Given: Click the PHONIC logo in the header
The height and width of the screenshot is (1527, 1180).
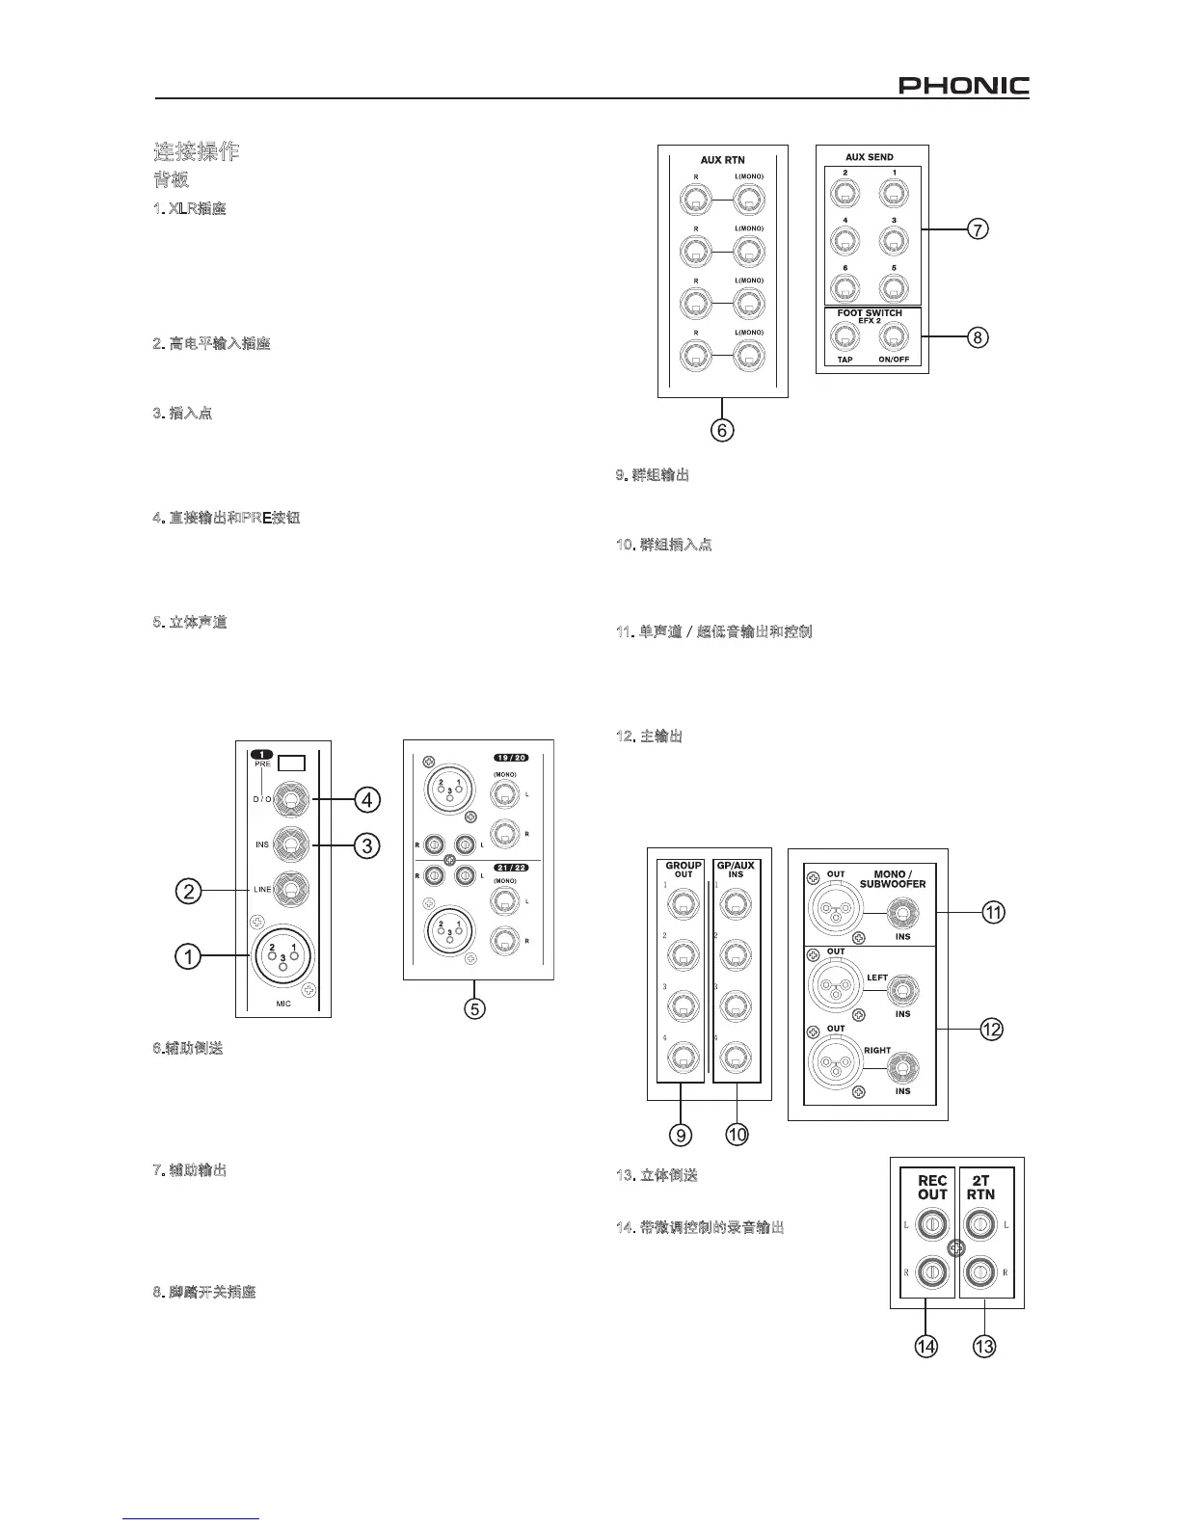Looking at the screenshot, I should (963, 87).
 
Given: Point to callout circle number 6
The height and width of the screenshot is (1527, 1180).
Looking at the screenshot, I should (722, 430).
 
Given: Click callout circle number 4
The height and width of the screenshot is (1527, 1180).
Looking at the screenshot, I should (366, 799).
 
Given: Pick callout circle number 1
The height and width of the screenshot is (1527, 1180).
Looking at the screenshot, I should (188, 957).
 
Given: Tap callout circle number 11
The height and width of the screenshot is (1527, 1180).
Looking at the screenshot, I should (992, 912).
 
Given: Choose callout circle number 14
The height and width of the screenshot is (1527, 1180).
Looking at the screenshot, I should (925, 1347).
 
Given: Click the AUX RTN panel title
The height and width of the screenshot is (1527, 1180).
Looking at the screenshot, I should (722, 160).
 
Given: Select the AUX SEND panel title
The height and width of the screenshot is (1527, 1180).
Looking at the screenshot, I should (869, 157).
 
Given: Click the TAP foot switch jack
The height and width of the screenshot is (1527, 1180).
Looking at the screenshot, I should (845, 336).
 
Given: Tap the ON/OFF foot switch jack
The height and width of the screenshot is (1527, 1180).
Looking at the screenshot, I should (895, 336).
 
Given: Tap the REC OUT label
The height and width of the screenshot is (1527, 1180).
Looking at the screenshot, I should (931, 1187).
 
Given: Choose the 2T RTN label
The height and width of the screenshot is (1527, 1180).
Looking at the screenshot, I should (982, 1187).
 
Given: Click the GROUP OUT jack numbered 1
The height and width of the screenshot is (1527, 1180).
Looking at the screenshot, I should (683, 904).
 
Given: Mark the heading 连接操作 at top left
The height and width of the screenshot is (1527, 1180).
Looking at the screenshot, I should (197, 151).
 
